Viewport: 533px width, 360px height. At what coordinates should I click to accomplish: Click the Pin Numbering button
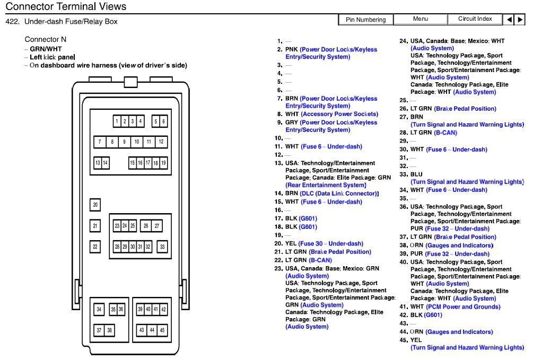pos(366,20)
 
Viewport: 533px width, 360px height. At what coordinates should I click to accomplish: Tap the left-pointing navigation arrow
pos(510,20)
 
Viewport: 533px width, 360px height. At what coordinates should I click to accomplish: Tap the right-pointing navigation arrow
pos(520,20)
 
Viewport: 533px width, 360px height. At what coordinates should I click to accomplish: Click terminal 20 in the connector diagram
pos(95,205)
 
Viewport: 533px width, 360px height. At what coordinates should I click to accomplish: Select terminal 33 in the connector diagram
pos(162,247)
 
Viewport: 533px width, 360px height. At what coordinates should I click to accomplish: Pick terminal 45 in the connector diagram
pos(162,330)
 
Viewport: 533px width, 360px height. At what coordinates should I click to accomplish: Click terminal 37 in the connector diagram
pos(99,330)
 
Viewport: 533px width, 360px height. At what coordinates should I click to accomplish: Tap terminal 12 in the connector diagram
pos(161,142)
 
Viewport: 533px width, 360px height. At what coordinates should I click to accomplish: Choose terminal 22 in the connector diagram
pos(95,247)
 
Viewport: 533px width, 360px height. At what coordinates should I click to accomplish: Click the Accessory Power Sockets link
pos(339,114)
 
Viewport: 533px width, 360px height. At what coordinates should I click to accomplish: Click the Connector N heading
pos(46,40)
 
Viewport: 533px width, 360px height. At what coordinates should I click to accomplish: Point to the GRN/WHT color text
pos(46,49)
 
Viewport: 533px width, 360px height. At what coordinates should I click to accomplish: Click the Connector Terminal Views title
pos(66,6)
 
